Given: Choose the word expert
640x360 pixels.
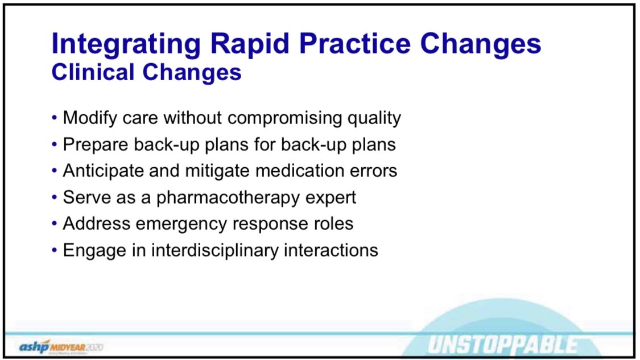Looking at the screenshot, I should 330,197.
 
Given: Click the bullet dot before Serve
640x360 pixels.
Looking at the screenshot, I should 54,197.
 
